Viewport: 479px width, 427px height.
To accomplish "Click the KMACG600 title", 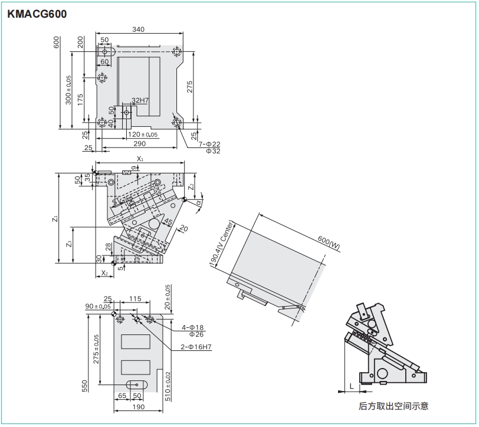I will click(x=37, y=14).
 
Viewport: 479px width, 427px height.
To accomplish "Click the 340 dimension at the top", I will click(x=138, y=29).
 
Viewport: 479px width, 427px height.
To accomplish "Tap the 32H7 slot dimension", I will click(x=140, y=100).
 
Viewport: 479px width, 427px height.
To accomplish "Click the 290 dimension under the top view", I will click(x=139, y=143).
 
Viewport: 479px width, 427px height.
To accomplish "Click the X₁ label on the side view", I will click(x=140, y=159).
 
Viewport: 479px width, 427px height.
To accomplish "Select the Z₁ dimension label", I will click(x=54, y=218).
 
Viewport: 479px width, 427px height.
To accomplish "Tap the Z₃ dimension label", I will click(x=69, y=244).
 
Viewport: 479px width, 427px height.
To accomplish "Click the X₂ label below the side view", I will click(x=104, y=272).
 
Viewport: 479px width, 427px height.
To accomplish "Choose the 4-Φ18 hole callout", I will click(x=193, y=327).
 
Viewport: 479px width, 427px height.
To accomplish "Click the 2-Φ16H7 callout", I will click(x=196, y=347).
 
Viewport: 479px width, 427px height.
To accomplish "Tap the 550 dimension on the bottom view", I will click(x=84, y=385).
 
